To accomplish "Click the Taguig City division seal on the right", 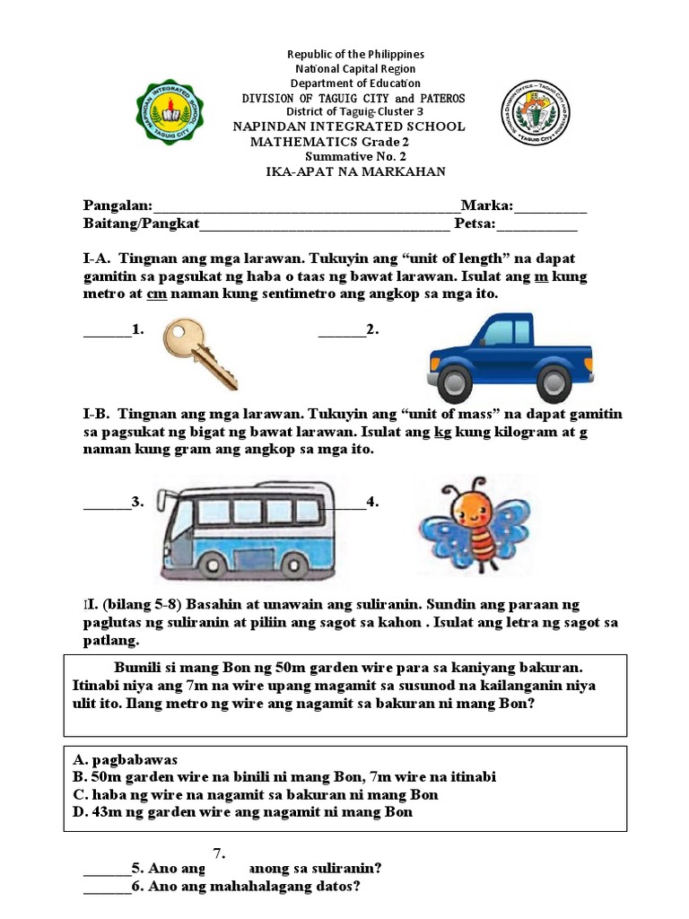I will tap(535, 114).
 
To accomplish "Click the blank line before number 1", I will tap(107, 336).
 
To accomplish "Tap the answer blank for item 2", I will tap(342, 336).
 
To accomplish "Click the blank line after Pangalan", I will tap(305, 210).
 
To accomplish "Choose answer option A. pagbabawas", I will tap(126, 759).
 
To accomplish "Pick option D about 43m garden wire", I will tap(242, 812).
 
